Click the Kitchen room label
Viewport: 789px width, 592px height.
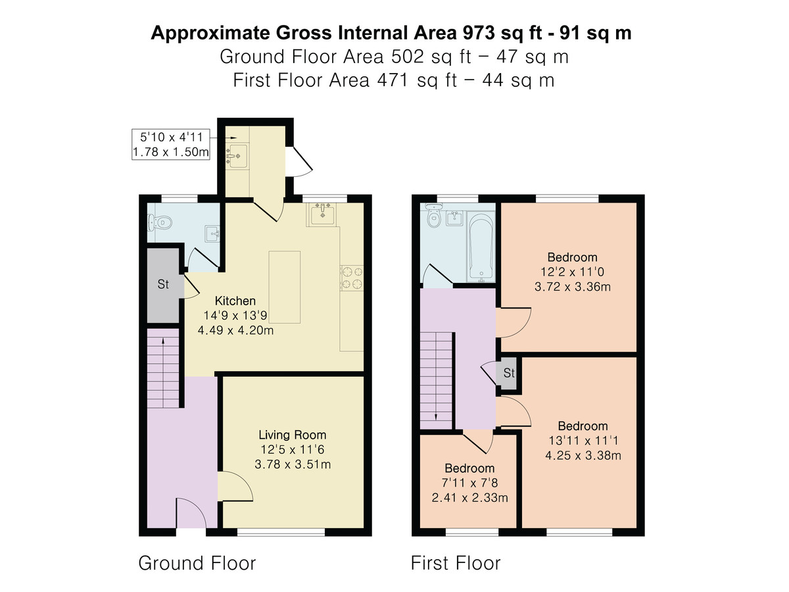235,301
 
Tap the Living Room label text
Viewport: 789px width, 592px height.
292,435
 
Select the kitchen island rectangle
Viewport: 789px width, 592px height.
284,287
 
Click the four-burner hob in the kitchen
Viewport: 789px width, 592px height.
352,278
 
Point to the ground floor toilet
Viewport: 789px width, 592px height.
159,223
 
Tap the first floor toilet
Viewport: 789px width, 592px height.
434,215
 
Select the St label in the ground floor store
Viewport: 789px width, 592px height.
163,284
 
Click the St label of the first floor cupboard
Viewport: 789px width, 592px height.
509,373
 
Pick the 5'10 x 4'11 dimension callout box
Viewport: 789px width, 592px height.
171,144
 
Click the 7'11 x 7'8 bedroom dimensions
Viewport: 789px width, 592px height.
469,483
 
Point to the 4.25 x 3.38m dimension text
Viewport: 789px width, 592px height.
583,455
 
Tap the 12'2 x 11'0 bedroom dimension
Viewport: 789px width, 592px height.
572,272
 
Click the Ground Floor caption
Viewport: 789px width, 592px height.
197,563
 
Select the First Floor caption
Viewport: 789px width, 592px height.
456,563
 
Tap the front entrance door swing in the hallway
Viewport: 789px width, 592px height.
191,513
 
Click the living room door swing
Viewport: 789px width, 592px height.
235,486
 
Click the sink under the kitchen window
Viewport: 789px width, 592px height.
322,214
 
